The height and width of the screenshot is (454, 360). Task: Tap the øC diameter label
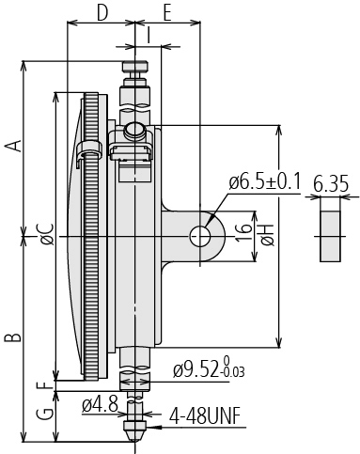[x=48, y=234]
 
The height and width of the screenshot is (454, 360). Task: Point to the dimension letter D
[x=102, y=13]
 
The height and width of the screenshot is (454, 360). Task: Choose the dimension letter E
[x=167, y=13]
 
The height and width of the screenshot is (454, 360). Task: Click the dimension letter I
[x=149, y=35]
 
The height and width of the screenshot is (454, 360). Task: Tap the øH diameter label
[x=269, y=235]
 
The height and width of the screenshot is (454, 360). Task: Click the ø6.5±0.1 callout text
[x=264, y=181]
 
